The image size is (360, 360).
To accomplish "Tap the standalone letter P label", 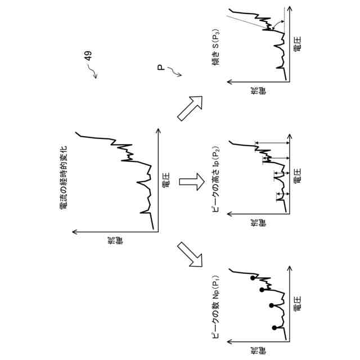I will point(161,68).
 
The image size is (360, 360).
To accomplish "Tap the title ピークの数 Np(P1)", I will point(215,309).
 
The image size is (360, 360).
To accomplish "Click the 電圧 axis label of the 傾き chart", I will point(298,44).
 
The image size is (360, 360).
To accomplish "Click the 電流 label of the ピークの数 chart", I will point(259,353).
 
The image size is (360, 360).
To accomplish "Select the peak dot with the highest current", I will point(252,278).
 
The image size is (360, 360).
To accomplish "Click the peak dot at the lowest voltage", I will point(274,328).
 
